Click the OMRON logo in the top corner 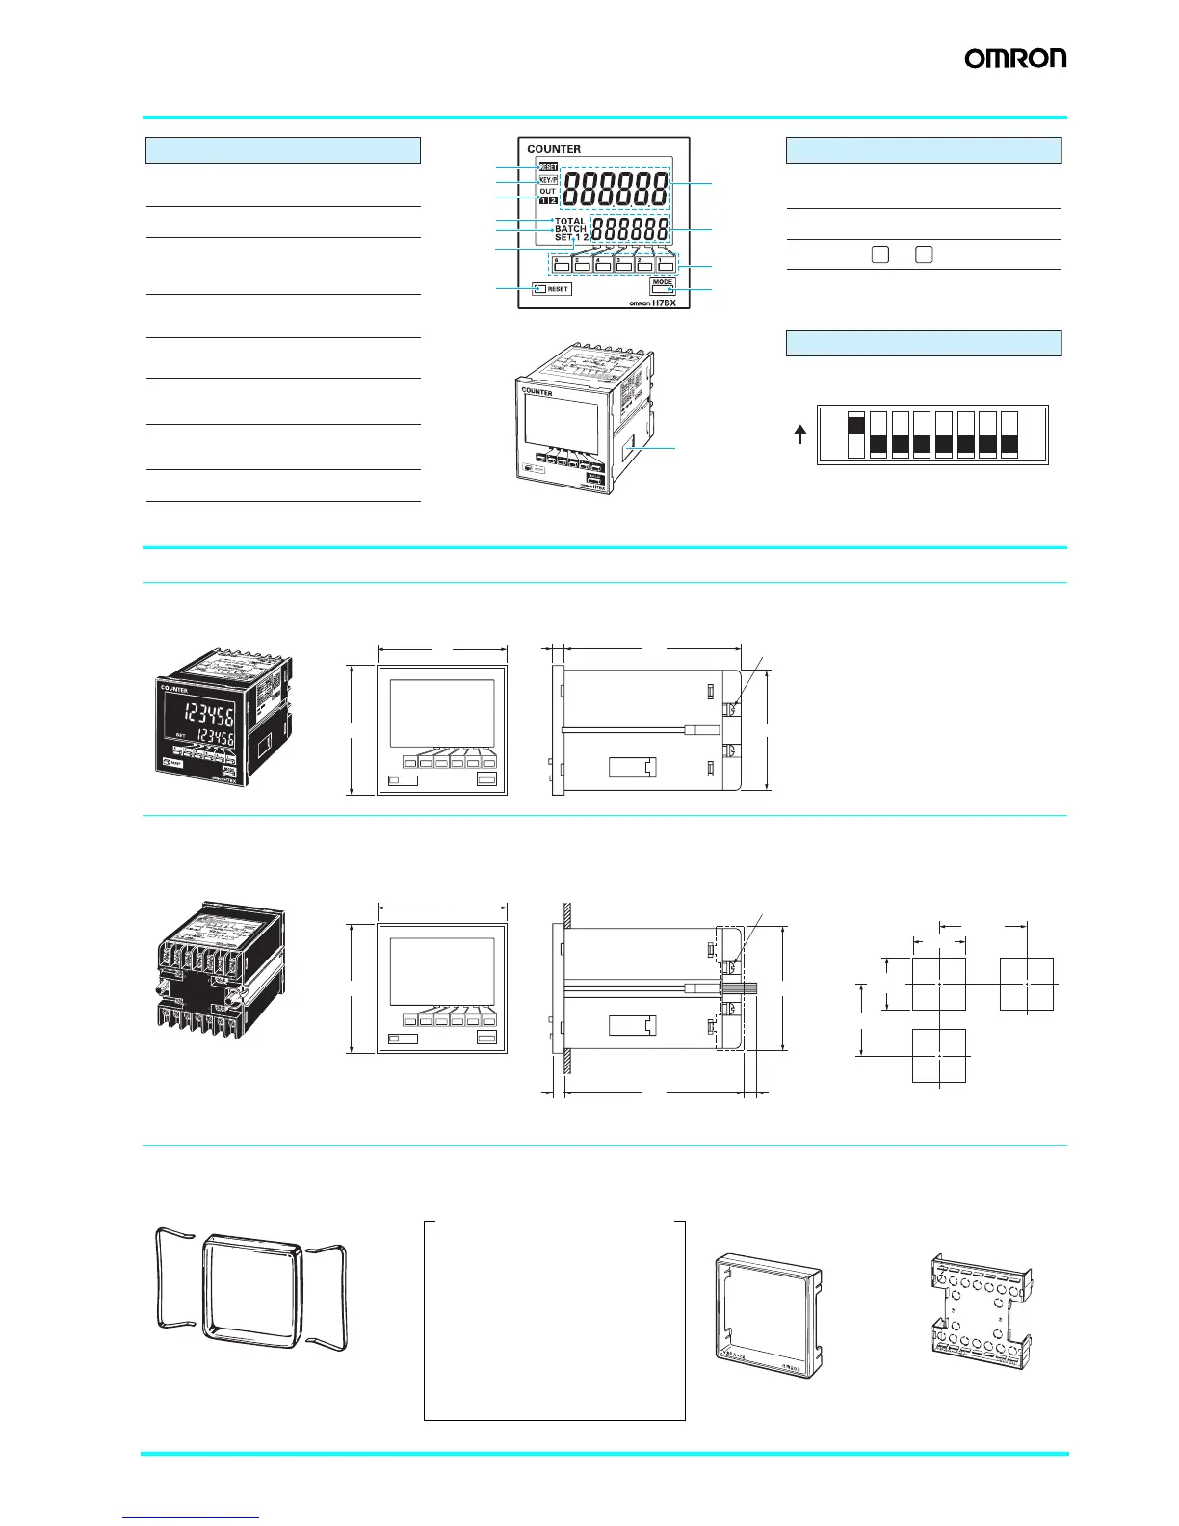point(1015,59)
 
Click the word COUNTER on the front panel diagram point(554,149)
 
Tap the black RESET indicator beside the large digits point(547,167)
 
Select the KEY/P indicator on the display point(547,180)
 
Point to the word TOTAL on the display point(570,222)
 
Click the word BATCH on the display point(570,229)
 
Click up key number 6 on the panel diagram point(561,263)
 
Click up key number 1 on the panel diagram point(666,263)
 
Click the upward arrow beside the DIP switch point(799,436)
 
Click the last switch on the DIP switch point(1009,435)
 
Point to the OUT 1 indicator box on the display point(543,201)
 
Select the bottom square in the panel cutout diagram point(939,1055)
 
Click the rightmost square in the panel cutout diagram point(1027,984)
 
